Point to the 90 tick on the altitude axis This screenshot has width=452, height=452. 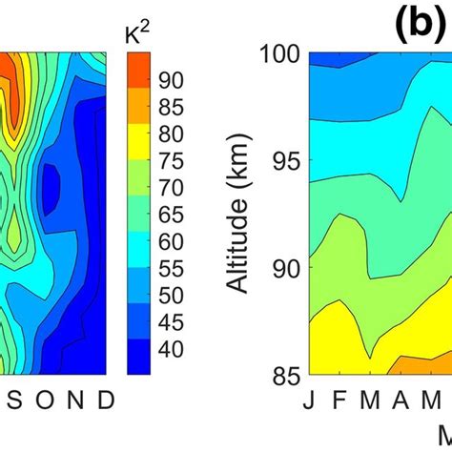click(285, 268)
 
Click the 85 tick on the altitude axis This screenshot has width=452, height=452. click(285, 373)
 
